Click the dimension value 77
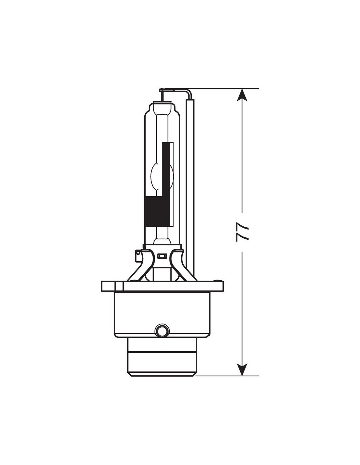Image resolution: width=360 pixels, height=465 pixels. (242, 232)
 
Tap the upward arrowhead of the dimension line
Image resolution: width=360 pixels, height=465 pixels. (242, 95)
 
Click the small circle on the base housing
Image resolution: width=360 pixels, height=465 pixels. (162, 331)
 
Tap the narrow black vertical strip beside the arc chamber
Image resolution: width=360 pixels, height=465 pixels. (166, 169)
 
